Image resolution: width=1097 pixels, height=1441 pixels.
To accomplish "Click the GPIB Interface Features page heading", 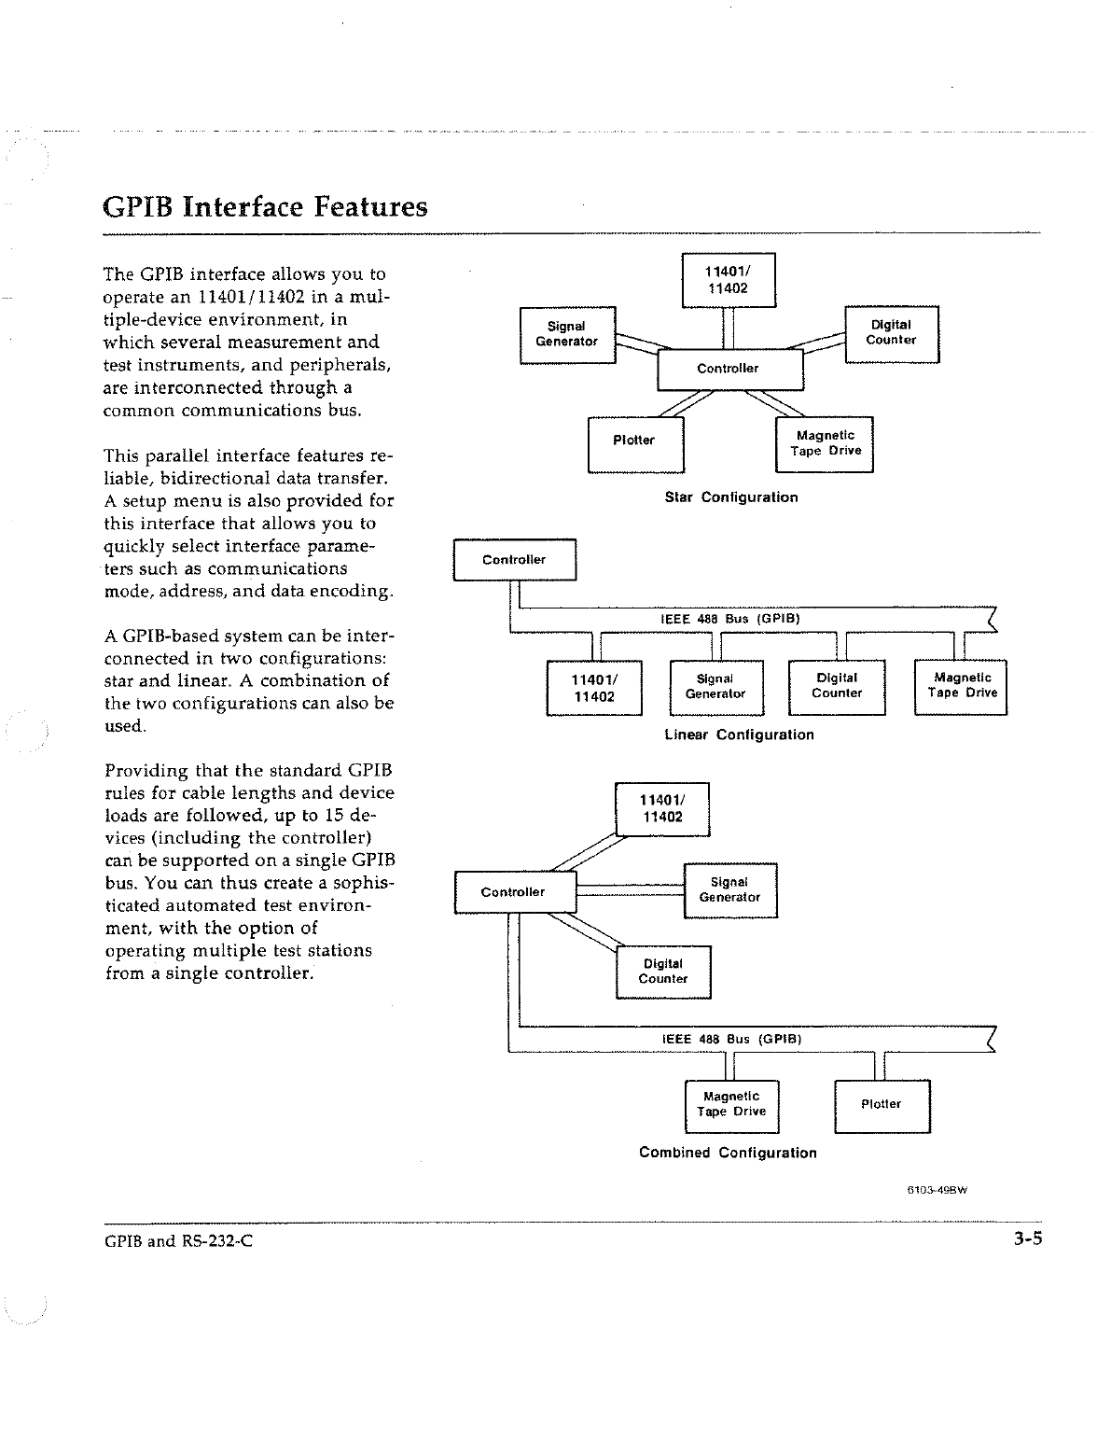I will coord(265,206).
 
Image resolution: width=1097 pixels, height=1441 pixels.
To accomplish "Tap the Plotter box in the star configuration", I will coord(635,444).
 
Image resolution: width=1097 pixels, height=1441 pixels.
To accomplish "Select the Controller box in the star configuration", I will coord(729,369).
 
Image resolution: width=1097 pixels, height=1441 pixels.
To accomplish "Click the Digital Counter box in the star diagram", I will coord(891,333).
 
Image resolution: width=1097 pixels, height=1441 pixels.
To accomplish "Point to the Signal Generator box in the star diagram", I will coord(566,334).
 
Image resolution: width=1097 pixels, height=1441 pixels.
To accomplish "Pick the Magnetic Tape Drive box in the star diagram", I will coord(825,444).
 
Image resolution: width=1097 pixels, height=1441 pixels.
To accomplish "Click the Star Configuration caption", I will coord(731,497).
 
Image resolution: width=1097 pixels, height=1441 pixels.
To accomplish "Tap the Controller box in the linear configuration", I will coord(514,560).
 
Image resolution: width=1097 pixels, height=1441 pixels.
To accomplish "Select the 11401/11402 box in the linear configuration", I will coord(593,687).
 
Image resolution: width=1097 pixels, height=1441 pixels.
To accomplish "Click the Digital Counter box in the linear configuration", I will coord(837,687).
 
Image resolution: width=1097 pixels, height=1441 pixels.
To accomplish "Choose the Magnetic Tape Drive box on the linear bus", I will coord(962,687).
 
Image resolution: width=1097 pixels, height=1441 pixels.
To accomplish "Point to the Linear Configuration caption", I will coord(739,734).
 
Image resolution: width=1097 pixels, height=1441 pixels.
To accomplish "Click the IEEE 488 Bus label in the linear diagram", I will coord(730,618).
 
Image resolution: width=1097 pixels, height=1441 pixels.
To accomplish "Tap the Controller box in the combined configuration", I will coord(514,892).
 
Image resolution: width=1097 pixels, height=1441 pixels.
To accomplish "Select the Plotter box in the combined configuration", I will coord(882,1105).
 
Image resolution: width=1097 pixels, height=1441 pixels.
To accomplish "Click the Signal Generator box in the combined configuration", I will coord(729,890).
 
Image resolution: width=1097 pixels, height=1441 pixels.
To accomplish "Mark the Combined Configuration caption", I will coord(728,1153).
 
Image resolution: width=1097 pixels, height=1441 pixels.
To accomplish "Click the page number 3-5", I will coord(1028,1240).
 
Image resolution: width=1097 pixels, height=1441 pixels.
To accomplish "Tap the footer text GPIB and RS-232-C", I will coord(178,1241).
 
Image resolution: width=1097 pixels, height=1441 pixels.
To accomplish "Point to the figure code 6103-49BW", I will coord(938,1190).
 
